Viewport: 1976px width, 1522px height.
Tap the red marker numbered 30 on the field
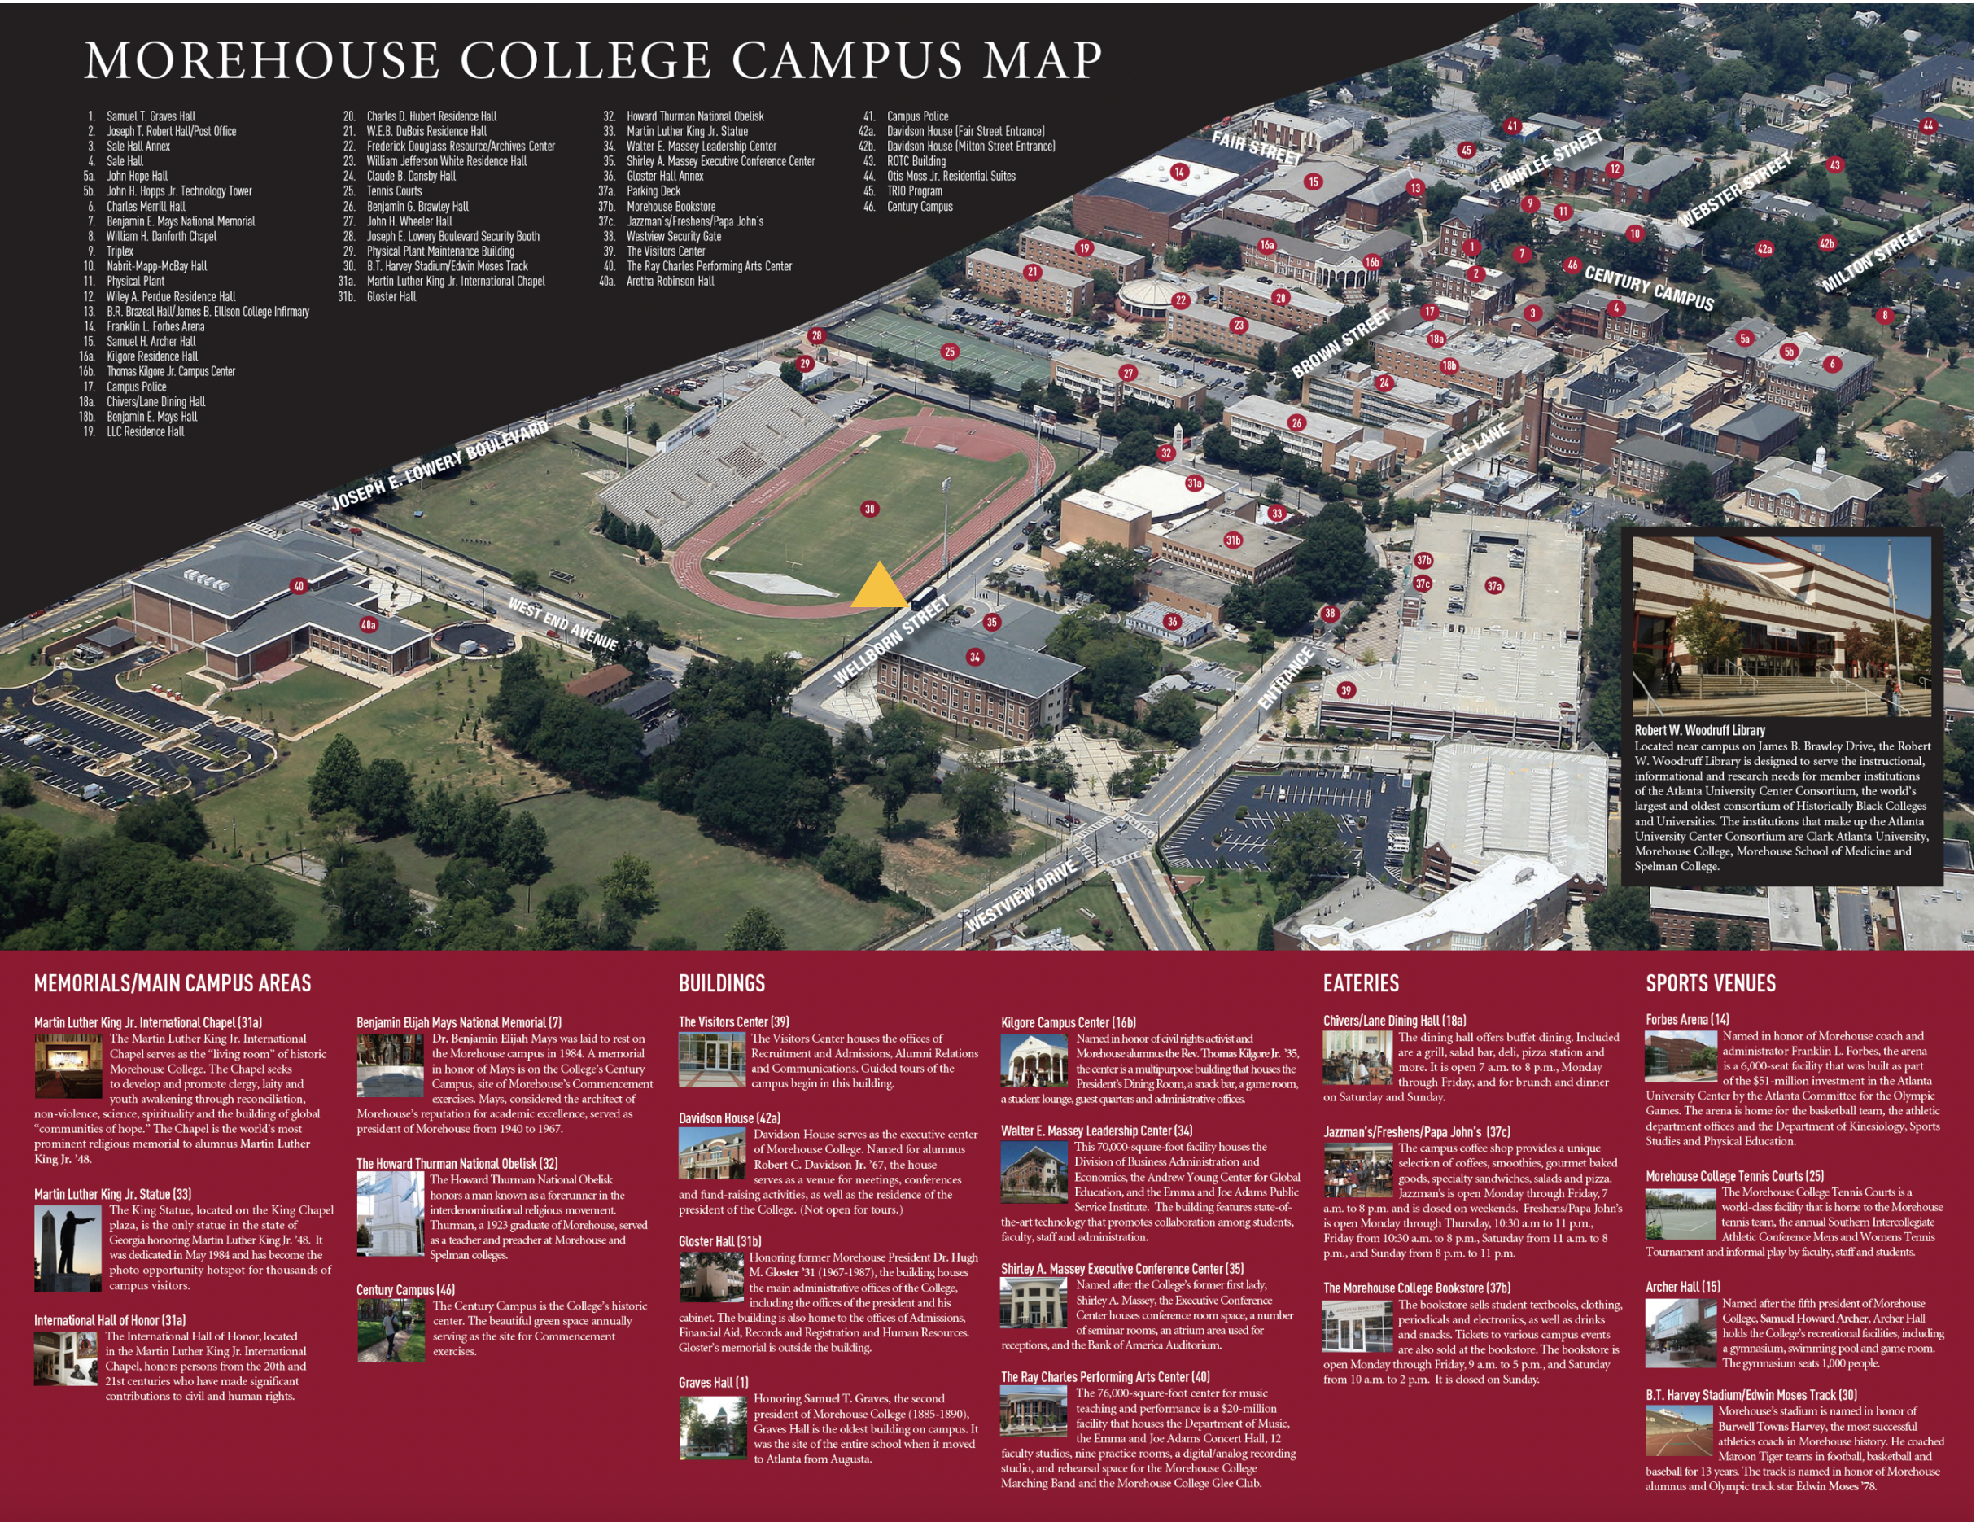(869, 510)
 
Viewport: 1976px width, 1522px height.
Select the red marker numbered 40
(299, 586)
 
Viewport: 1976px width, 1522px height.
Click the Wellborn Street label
(891, 640)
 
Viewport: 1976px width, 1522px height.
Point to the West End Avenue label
(562, 624)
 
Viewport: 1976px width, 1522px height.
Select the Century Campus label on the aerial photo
(1649, 289)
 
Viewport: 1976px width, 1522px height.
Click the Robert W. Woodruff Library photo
(1781, 626)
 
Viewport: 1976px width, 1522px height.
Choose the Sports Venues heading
(1710, 983)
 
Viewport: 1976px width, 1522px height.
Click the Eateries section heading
(1361, 983)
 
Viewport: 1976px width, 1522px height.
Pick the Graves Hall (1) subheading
(714, 1383)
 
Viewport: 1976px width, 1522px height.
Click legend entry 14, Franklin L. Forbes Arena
(155, 326)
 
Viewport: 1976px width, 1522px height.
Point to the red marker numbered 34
(974, 657)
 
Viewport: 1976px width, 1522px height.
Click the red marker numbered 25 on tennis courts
(949, 352)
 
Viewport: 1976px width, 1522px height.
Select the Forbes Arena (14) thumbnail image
(1680, 1056)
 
